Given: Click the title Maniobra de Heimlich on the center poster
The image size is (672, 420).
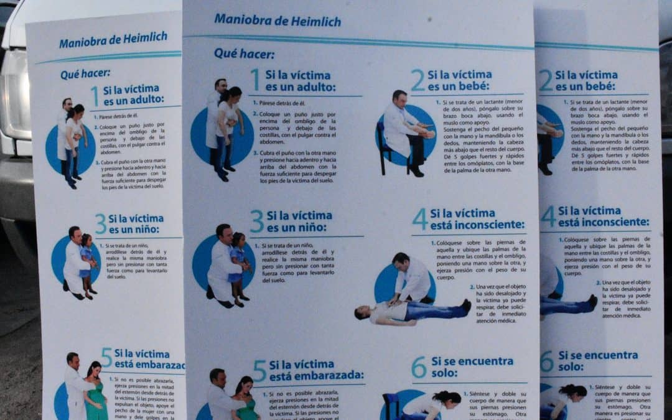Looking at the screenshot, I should click(278, 21).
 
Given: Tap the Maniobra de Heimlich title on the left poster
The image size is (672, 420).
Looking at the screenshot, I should click(113, 40).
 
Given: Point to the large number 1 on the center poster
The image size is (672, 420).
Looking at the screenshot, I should click(255, 80).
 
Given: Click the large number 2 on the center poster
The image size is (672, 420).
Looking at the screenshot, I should click(418, 80).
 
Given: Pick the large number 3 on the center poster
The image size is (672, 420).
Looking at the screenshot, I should click(257, 221).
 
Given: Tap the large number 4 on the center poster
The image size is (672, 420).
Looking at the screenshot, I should click(420, 219).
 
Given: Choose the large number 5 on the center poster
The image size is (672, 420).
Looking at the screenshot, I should click(259, 371).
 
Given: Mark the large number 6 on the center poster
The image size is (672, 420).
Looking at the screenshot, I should click(419, 367).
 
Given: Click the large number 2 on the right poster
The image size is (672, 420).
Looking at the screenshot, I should click(545, 80).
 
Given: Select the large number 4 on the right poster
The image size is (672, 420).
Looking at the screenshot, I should click(548, 217).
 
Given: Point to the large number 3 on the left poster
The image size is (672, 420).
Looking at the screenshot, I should click(100, 224).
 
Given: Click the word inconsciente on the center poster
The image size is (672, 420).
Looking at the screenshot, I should click(485, 225).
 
